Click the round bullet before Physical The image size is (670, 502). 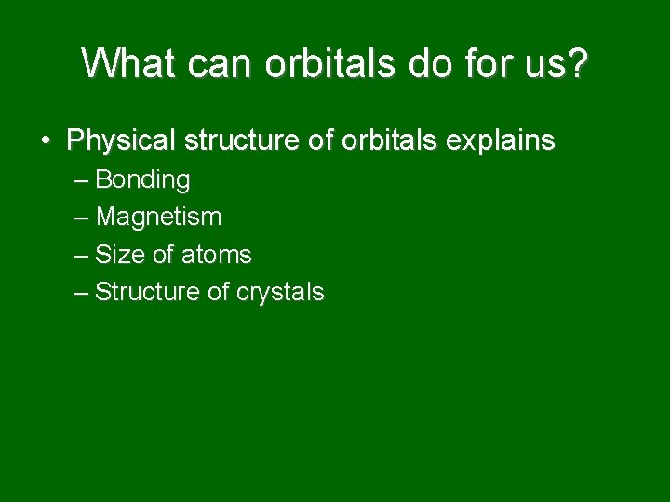tap(46, 141)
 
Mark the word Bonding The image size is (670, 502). tap(142, 179)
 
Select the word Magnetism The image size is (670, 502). tap(158, 218)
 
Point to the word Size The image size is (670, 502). tap(118, 255)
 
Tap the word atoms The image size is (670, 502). tap(216, 255)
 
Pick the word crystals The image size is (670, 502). tap(280, 293)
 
